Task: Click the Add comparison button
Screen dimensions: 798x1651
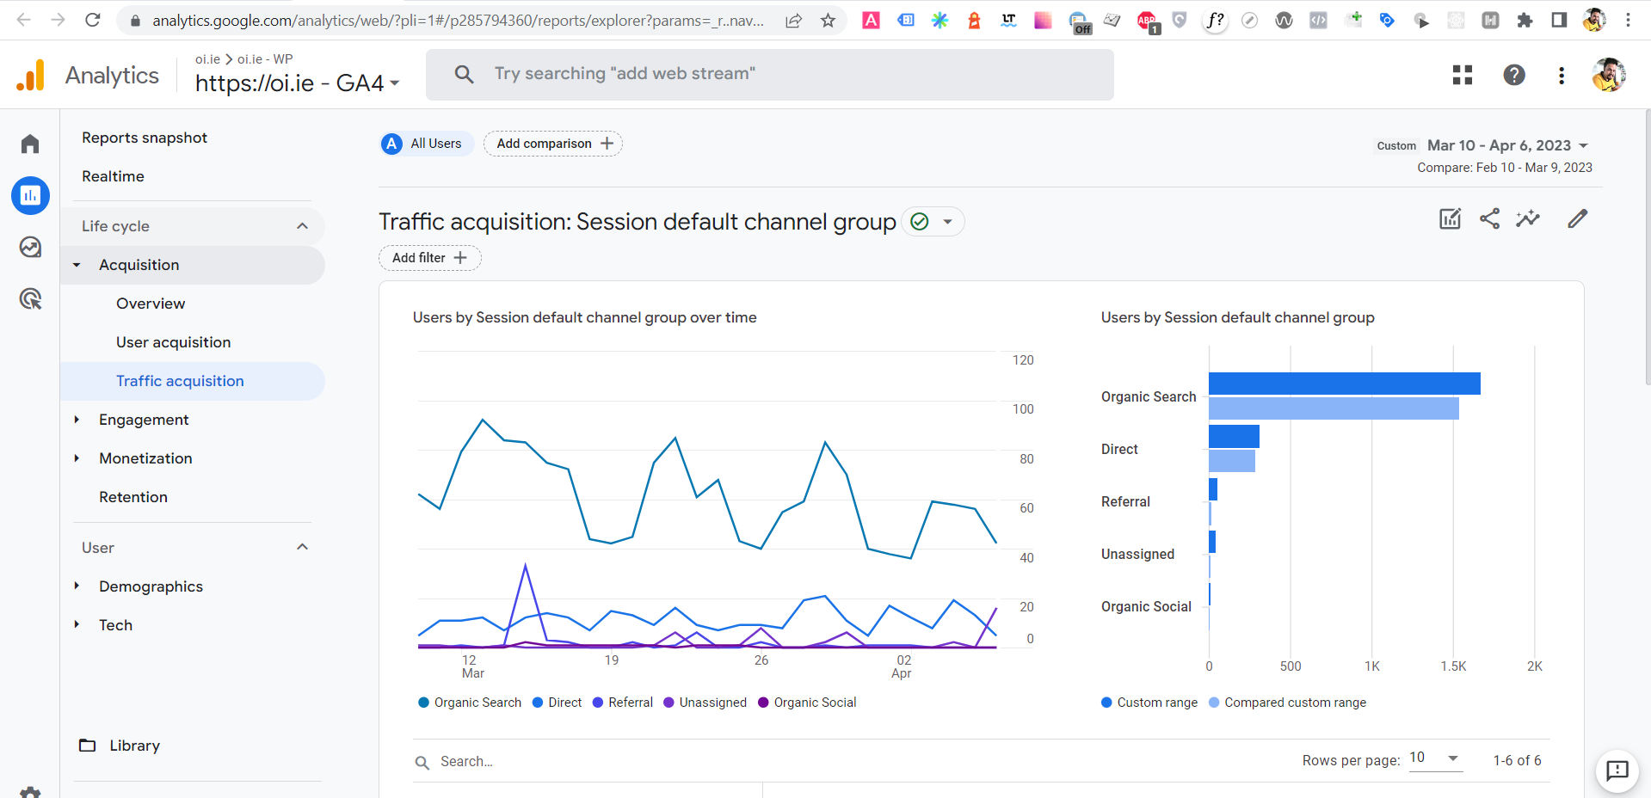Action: coord(553,144)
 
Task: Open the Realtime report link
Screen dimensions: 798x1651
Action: coord(113,176)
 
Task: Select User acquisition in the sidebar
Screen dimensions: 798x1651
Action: coord(173,342)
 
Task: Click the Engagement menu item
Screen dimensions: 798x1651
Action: coord(144,420)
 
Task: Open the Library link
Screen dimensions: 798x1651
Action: coord(134,746)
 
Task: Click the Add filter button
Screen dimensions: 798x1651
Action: coord(429,258)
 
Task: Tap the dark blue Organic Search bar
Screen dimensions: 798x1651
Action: coord(1344,384)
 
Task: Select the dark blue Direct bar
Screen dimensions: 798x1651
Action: coord(1234,436)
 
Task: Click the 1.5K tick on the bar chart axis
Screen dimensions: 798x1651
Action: coord(1453,666)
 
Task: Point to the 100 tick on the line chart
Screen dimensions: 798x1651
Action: coord(1022,409)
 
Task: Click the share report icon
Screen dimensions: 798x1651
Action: coord(1489,219)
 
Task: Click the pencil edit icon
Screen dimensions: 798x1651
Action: coord(1577,219)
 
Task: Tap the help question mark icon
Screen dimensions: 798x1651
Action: coord(1513,76)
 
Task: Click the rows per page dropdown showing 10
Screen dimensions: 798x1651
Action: coord(1435,758)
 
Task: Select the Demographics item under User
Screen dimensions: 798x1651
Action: coord(151,586)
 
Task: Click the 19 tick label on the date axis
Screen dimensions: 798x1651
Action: coord(611,660)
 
